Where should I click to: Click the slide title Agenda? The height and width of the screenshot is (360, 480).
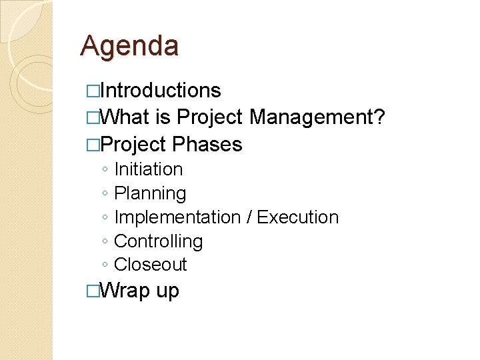coord(129,47)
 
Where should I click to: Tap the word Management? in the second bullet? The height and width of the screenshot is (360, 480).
coord(317,118)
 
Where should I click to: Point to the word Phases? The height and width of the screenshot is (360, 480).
coord(207,145)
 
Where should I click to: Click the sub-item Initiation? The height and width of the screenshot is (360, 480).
coord(148,170)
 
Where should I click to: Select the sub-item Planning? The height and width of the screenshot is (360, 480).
coord(150,194)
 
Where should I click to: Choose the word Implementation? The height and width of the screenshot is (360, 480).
coord(177,217)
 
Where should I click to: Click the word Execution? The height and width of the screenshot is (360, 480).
coord(297,217)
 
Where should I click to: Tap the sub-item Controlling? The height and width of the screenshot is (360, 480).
coord(158,241)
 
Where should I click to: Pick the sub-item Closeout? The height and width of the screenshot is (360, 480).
coord(151,265)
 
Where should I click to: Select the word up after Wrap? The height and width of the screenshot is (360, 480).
coord(167,293)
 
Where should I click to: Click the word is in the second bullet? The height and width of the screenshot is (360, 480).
coord(163,118)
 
